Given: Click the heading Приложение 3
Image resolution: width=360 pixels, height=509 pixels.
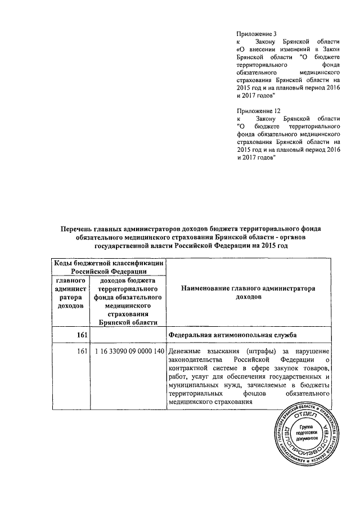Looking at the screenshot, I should click(x=256, y=33).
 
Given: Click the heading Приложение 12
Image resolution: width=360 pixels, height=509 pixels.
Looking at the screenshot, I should click(x=258, y=110).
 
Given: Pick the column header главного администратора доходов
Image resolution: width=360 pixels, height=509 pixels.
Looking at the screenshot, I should click(x=70, y=292).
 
